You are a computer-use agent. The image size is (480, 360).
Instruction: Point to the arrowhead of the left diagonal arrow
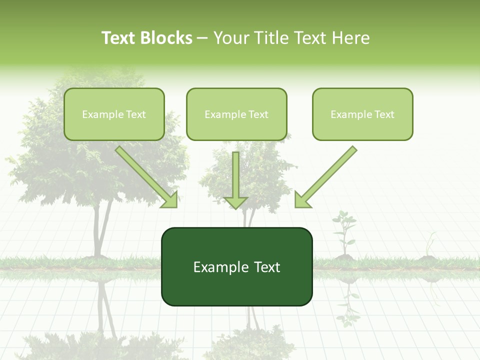[x=170, y=200]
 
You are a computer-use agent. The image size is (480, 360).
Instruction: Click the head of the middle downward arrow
[x=235, y=202]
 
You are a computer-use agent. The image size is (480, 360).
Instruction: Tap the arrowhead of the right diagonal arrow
[x=302, y=200]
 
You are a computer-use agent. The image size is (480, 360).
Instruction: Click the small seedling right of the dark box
[x=344, y=232]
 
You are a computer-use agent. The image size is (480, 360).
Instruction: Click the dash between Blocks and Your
[x=202, y=38]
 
